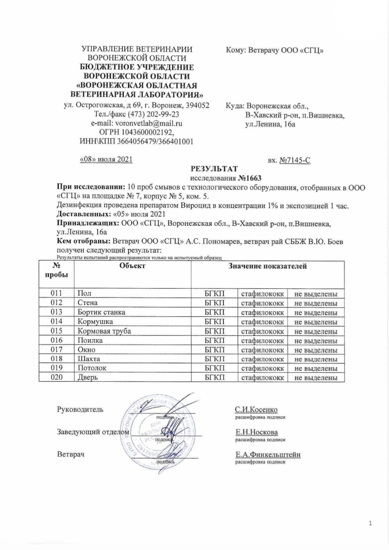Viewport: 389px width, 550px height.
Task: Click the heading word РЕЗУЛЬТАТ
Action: point(214,169)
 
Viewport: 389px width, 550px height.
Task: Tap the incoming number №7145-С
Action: point(295,160)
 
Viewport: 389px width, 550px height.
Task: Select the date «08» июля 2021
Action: point(106,159)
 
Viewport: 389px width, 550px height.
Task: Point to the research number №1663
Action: point(249,178)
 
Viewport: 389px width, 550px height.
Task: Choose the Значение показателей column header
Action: point(267,266)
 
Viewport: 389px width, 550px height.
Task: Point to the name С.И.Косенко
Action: point(256,410)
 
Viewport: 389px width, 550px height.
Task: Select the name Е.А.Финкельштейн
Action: point(268,455)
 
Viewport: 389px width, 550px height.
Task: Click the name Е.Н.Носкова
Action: point(257,432)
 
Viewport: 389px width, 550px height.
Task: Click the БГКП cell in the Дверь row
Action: point(215,378)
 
